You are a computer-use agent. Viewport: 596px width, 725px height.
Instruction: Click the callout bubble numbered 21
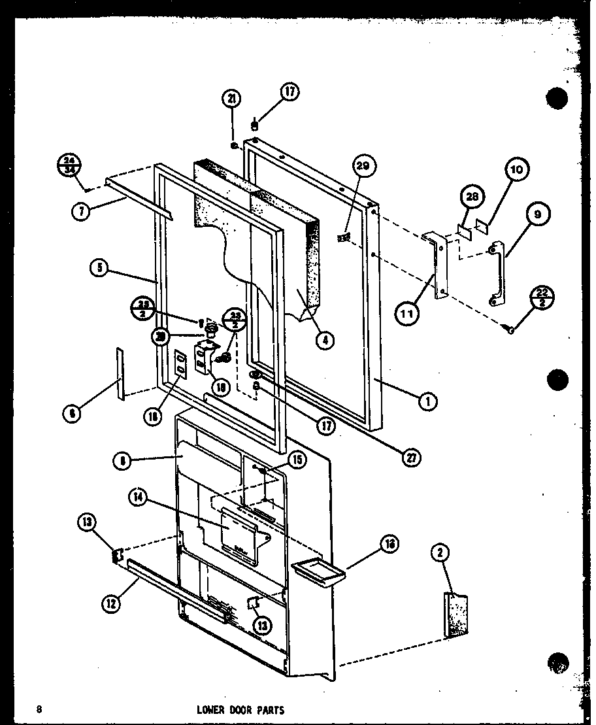pyautogui.click(x=232, y=99)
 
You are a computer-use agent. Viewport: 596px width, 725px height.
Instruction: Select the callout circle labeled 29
pyautogui.click(x=363, y=167)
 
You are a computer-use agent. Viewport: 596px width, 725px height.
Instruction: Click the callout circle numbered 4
pyautogui.click(x=323, y=339)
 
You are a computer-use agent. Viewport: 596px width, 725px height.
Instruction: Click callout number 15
pyautogui.click(x=297, y=460)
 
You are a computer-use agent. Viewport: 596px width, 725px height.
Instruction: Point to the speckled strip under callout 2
pyautogui.click(x=456, y=615)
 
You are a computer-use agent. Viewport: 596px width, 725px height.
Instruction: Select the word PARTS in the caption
pyautogui.click(x=269, y=710)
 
